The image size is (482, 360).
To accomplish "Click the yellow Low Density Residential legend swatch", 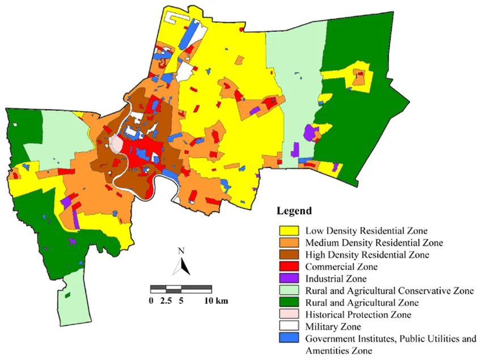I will pos(289,231).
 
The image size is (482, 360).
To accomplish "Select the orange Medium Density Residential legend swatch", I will pos(289,243).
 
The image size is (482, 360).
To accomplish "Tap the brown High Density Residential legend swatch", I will pos(289,255).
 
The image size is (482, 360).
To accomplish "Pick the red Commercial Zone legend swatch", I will pos(289,266).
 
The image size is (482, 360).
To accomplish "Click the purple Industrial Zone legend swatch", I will pos(289,278).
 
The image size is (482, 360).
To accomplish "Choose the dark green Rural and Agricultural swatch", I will pos(289,302).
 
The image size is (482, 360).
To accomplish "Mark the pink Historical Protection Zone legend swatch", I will pos(289,315).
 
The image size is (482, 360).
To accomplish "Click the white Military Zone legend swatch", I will pos(289,327).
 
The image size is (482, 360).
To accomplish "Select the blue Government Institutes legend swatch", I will pos(289,339).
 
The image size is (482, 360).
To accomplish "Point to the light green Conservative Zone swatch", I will pos(289,290).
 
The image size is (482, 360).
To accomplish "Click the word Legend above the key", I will pos(294,211).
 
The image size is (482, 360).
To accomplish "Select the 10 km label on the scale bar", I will pos(217,300).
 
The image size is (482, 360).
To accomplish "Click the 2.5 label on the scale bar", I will pos(166,300).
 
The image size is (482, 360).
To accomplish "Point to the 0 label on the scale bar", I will pos(151,300).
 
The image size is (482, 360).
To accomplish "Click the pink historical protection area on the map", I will pos(116,145).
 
